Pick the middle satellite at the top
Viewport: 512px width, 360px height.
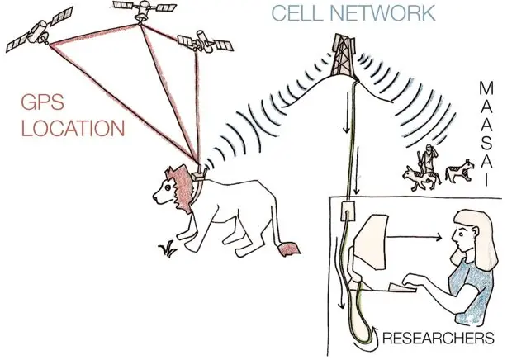pos(143,9)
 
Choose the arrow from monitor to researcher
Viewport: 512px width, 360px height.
pos(416,237)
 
